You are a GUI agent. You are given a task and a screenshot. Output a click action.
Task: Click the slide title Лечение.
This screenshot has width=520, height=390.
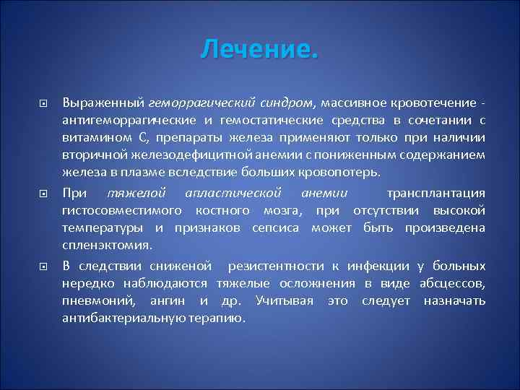259,51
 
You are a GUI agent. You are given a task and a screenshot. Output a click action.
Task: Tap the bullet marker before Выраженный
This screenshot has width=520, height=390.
43,103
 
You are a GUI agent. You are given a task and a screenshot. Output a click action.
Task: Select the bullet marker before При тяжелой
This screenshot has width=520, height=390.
43,194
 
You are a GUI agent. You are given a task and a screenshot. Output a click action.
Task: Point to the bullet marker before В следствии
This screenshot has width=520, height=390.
43,266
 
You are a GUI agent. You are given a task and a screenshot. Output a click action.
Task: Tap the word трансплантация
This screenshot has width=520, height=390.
435,192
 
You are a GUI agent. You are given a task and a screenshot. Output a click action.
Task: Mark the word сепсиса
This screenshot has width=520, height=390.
277,228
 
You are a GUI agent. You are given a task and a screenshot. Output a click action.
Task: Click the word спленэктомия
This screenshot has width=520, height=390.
97,246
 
